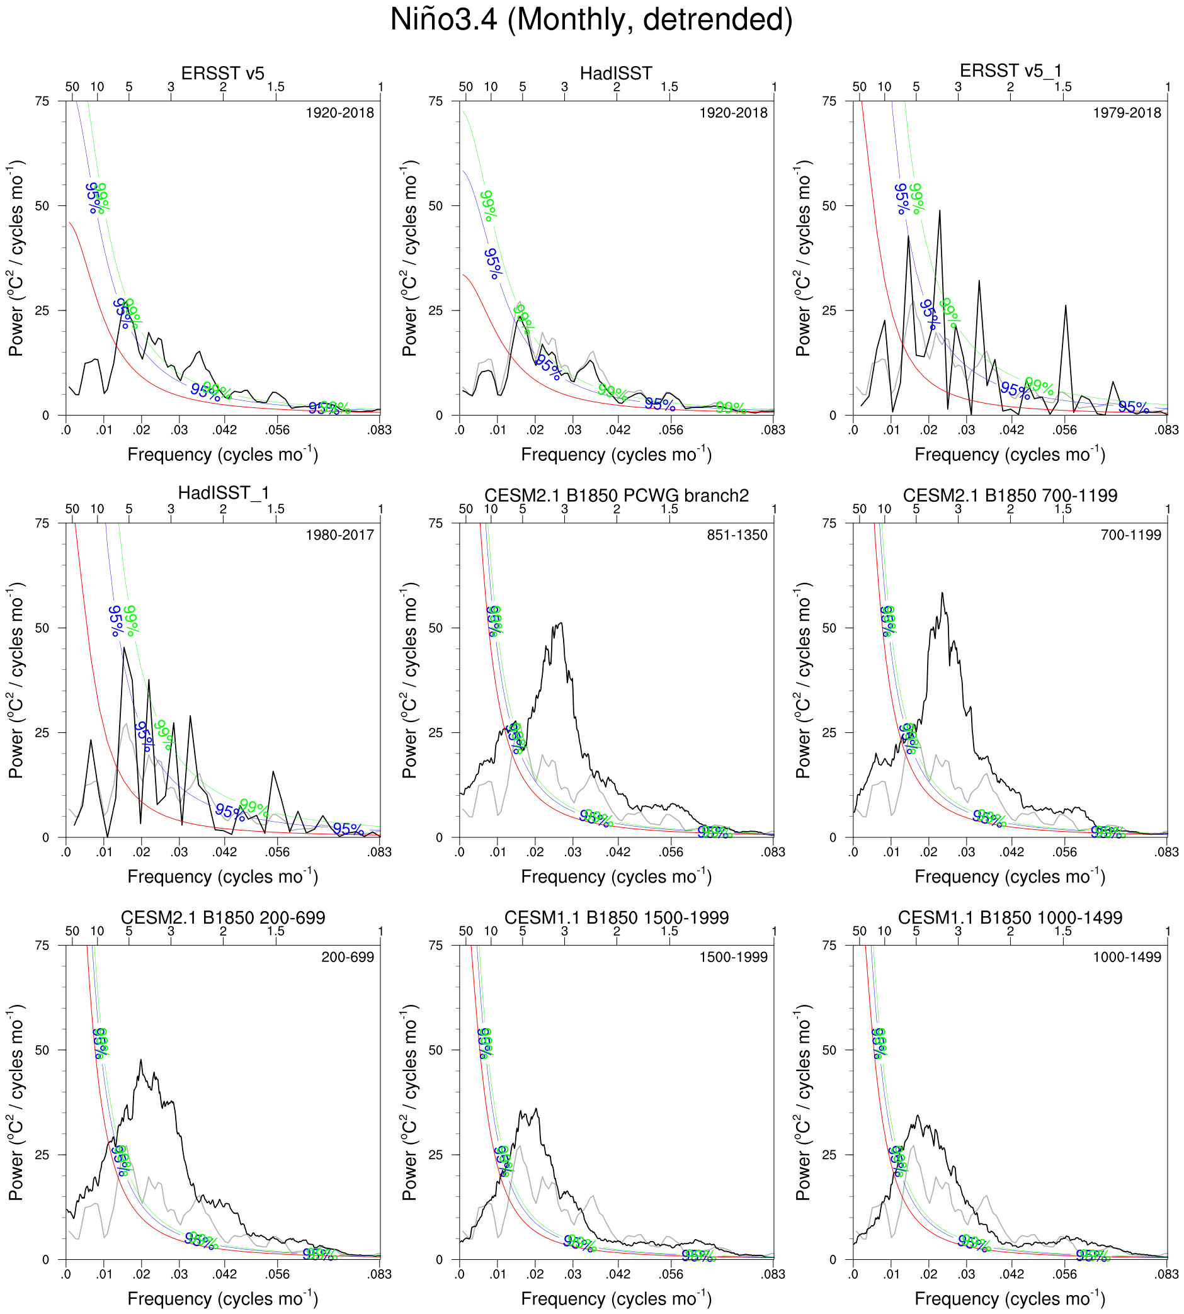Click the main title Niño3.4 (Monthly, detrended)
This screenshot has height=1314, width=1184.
[x=591, y=20]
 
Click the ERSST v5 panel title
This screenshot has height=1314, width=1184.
[x=222, y=74]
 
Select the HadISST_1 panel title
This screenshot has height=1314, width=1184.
[x=223, y=492]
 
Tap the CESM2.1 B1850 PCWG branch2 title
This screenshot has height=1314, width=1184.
[x=616, y=496]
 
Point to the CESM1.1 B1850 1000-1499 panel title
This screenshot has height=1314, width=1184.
[x=1010, y=918]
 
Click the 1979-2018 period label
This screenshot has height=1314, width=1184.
[x=1127, y=113]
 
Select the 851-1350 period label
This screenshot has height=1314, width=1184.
[x=737, y=535]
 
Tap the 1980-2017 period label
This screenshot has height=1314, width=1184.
[x=339, y=535]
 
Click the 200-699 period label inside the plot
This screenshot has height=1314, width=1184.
[x=348, y=958]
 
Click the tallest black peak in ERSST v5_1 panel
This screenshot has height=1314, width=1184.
[x=940, y=211]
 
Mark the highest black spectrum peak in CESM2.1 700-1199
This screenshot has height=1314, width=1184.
[x=942, y=593]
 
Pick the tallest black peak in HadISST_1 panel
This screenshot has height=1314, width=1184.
[x=123, y=648]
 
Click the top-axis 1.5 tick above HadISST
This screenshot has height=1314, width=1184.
[x=669, y=87]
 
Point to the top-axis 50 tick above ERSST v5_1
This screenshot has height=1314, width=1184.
[x=860, y=87]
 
